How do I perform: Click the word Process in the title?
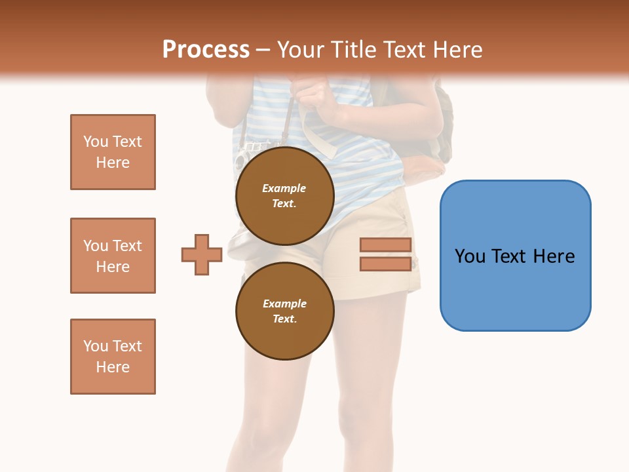click(206, 50)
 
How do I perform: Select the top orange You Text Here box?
click(113, 152)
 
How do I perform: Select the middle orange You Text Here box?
click(113, 256)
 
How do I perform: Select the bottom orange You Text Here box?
click(113, 357)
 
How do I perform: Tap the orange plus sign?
click(202, 254)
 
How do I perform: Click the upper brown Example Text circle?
click(284, 196)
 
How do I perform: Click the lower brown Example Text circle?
click(284, 311)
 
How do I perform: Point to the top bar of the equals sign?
click(385, 245)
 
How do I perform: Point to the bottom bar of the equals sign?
click(385, 264)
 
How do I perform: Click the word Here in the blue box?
click(554, 256)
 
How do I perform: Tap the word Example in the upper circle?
click(284, 188)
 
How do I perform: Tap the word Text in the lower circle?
click(284, 319)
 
